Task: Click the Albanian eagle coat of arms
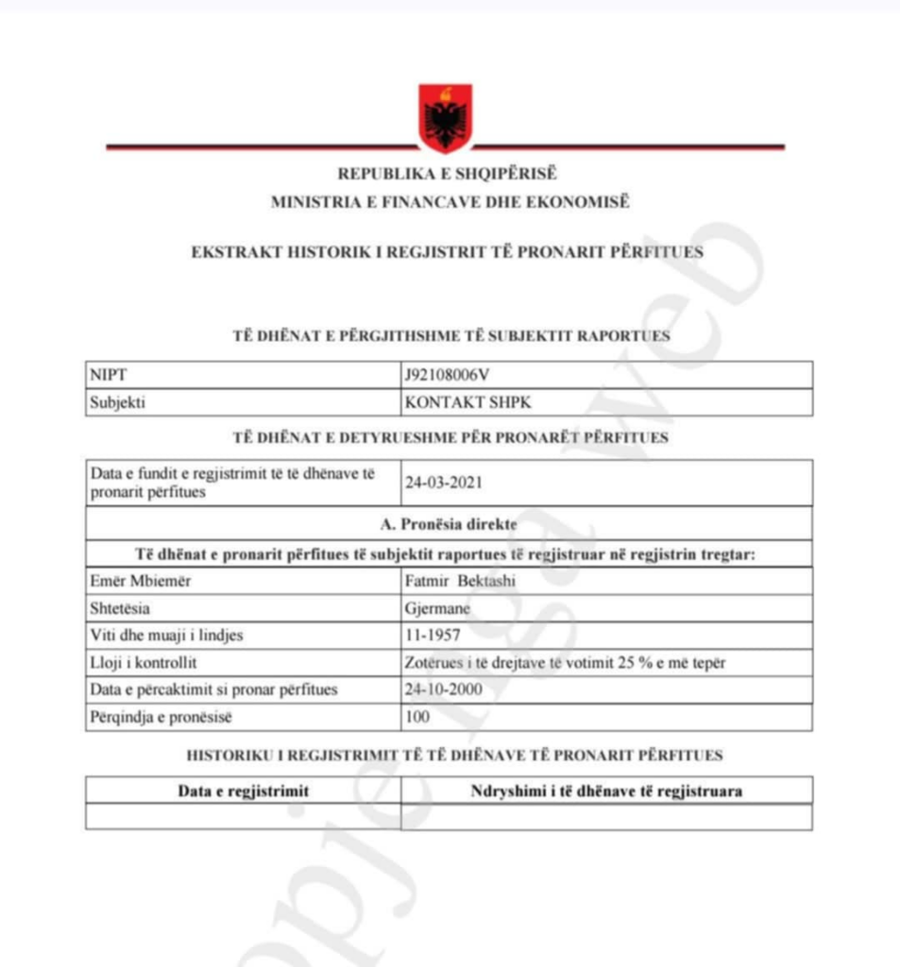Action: pos(446,118)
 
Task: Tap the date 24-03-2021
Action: pos(443,483)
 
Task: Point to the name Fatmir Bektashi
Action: pos(460,581)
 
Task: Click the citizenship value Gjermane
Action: pos(437,608)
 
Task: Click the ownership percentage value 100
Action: pos(416,717)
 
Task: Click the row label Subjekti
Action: pos(118,402)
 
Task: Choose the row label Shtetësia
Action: pos(120,608)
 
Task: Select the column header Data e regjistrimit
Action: pos(243,790)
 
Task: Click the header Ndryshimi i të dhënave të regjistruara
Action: pos(605,790)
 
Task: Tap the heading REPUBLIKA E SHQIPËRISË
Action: pos(448,174)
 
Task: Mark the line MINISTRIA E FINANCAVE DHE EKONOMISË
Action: pos(449,201)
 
